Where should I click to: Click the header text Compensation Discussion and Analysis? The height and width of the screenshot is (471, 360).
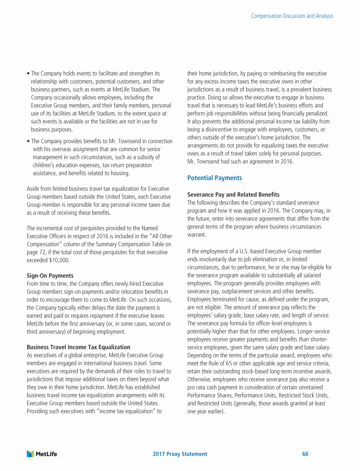[x=292, y=16]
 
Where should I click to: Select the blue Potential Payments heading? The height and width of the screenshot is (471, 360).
[x=214, y=178]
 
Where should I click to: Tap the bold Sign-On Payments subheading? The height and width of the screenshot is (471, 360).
[x=50, y=275]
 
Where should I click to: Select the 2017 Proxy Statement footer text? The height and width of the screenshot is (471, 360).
[x=180, y=454]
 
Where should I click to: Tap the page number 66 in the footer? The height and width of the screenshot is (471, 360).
[x=305, y=454]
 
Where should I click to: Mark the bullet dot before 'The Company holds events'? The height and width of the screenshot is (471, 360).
[x=29, y=74]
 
